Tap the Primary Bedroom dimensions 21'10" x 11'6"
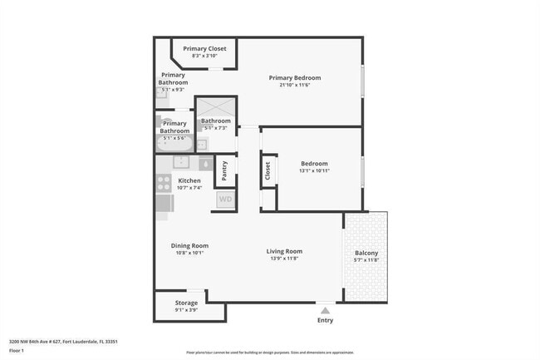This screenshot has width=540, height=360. [294, 86]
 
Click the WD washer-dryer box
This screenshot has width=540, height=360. [224, 200]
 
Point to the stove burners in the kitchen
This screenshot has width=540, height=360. [164, 183]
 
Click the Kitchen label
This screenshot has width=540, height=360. [189, 180]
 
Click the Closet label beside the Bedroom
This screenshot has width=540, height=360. [268, 171]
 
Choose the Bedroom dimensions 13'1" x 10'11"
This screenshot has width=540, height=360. [314, 171]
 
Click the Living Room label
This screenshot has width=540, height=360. [284, 251]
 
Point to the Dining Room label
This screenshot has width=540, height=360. [189, 245]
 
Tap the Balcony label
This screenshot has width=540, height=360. [366, 253]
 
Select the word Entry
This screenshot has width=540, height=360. [326, 320]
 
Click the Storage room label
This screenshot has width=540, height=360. [186, 303]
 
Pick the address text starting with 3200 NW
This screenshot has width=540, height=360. [63, 341]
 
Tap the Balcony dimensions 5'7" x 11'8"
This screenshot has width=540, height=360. [366, 260]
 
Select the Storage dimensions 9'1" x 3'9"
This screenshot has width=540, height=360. [186, 310]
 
